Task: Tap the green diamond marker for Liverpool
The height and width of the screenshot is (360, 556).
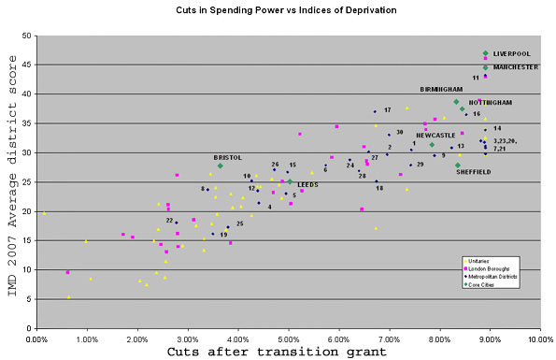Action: coord(485,53)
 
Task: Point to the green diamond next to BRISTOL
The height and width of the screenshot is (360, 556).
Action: coord(221,166)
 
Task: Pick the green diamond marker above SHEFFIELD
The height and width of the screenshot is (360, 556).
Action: coord(458,166)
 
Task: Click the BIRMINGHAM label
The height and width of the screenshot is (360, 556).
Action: coord(442,89)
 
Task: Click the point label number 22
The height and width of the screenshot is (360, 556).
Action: coord(169,220)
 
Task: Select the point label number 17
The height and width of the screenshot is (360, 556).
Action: coord(387,109)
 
